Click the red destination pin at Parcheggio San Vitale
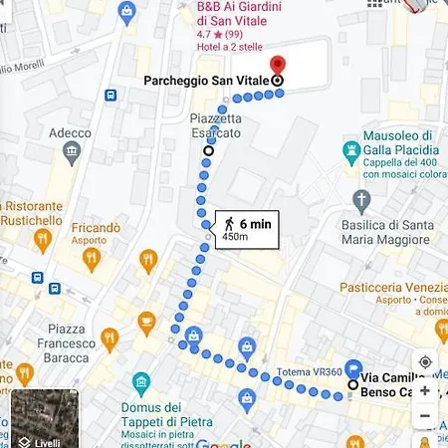pos(278,66)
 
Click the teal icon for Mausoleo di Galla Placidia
pos(350,152)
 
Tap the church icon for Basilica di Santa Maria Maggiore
pos(362,200)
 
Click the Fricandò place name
pos(96,228)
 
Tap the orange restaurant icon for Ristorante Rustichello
pos(42,240)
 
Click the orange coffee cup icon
pos(147,321)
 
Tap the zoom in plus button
pos(425,390)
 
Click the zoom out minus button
pos(425,415)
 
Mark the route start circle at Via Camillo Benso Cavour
pos(352,384)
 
